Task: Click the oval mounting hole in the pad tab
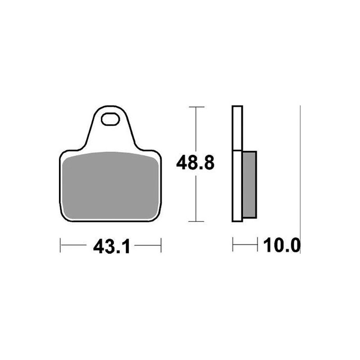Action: (x=110, y=119)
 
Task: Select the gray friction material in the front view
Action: (x=110, y=185)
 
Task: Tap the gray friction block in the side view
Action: (x=249, y=184)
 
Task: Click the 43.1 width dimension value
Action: (x=112, y=246)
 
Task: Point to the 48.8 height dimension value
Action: (x=195, y=162)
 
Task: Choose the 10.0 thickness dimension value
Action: (x=282, y=245)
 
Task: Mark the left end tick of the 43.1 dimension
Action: (x=60, y=245)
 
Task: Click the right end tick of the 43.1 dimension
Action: (x=161, y=245)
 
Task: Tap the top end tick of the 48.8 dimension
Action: (x=196, y=107)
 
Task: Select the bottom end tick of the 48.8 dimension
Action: (x=196, y=221)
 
